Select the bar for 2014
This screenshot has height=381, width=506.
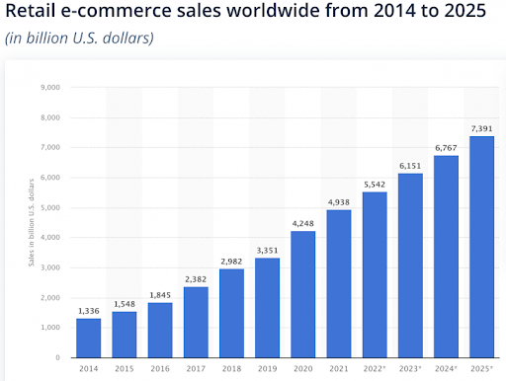point(89,338)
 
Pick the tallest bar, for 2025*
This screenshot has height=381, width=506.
point(482,247)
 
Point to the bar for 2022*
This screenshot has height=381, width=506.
point(375,274)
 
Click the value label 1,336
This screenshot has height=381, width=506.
point(89,311)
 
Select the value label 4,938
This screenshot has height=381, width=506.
point(339,202)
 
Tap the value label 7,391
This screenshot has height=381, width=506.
point(482,128)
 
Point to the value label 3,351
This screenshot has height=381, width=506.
point(268,250)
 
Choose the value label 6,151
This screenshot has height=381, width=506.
point(410,166)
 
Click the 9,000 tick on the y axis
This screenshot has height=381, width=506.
point(49,87)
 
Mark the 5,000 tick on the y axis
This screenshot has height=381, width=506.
point(49,207)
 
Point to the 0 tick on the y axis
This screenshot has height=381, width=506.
point(58,357)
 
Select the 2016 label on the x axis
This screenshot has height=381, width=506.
point(160,370)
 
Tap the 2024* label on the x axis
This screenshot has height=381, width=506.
point(447,370)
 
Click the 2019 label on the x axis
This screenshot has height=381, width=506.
point(268,370)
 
